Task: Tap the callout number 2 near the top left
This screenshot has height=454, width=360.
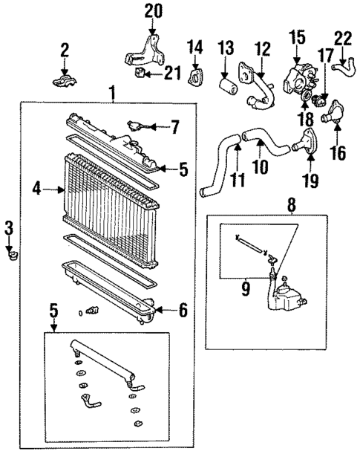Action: pyautogui.click(x=65, y=50)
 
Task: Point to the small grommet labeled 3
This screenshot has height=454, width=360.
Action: pyautogui.click(x=11, y=256)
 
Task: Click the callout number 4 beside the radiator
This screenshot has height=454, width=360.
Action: pyautogui.click(x=36, y=189)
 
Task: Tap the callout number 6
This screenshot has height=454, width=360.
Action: pyautogui.click(x=181, y=311)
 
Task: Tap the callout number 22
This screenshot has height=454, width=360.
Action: pyautogui.click(x=343, y=38)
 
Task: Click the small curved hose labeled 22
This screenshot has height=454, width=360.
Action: pyautogui.click(x=343, y=68)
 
